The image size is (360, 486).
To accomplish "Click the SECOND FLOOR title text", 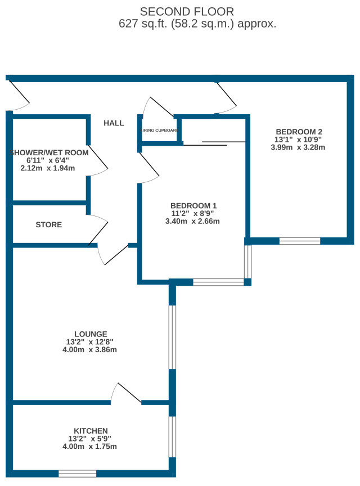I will [187, 11].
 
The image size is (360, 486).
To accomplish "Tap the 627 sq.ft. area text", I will [197, 24].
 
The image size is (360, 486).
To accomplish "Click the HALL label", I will [114, 123].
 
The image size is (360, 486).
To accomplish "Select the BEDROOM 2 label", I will [299, 132].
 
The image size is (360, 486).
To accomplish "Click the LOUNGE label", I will [91, 334].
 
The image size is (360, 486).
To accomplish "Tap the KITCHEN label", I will [90, 430].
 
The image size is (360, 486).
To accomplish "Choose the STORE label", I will [48, 224].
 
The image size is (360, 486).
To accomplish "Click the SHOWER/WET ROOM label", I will [49, 152].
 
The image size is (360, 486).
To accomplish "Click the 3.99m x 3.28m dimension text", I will [299, 147].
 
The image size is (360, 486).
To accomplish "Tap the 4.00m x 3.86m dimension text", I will [91, 349].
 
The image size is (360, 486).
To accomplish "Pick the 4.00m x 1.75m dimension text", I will [90, 447].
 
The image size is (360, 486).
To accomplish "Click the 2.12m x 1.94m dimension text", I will [48, 168].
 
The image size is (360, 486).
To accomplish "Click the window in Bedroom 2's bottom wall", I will [299, 241].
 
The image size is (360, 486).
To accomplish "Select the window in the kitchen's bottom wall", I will [77, 474].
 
